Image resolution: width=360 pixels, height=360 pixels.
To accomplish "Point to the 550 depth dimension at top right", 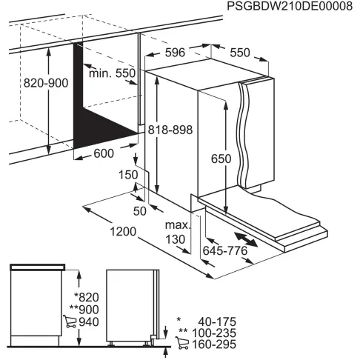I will pyautogui.click(x=239, y=53).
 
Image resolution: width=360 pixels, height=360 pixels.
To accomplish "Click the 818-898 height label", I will pyautogui.click(x=170, y=130).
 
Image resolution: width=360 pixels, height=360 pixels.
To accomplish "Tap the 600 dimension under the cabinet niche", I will pyautogui.click(x=104, y=153).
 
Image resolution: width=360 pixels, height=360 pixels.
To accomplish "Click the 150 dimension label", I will pyautogui.click(x=128, y=174).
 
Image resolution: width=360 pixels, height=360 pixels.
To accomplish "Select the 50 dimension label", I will pyautogui.click(x=139, y=212).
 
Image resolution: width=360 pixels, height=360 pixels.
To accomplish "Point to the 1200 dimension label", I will pyautogui.click(x=124, y=232).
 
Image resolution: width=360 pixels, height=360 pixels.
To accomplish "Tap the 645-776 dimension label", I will pyautogui.click(x=224, y=251).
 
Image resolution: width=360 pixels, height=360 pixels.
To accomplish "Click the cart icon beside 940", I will pyautogui.click(x=71, y=321).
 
